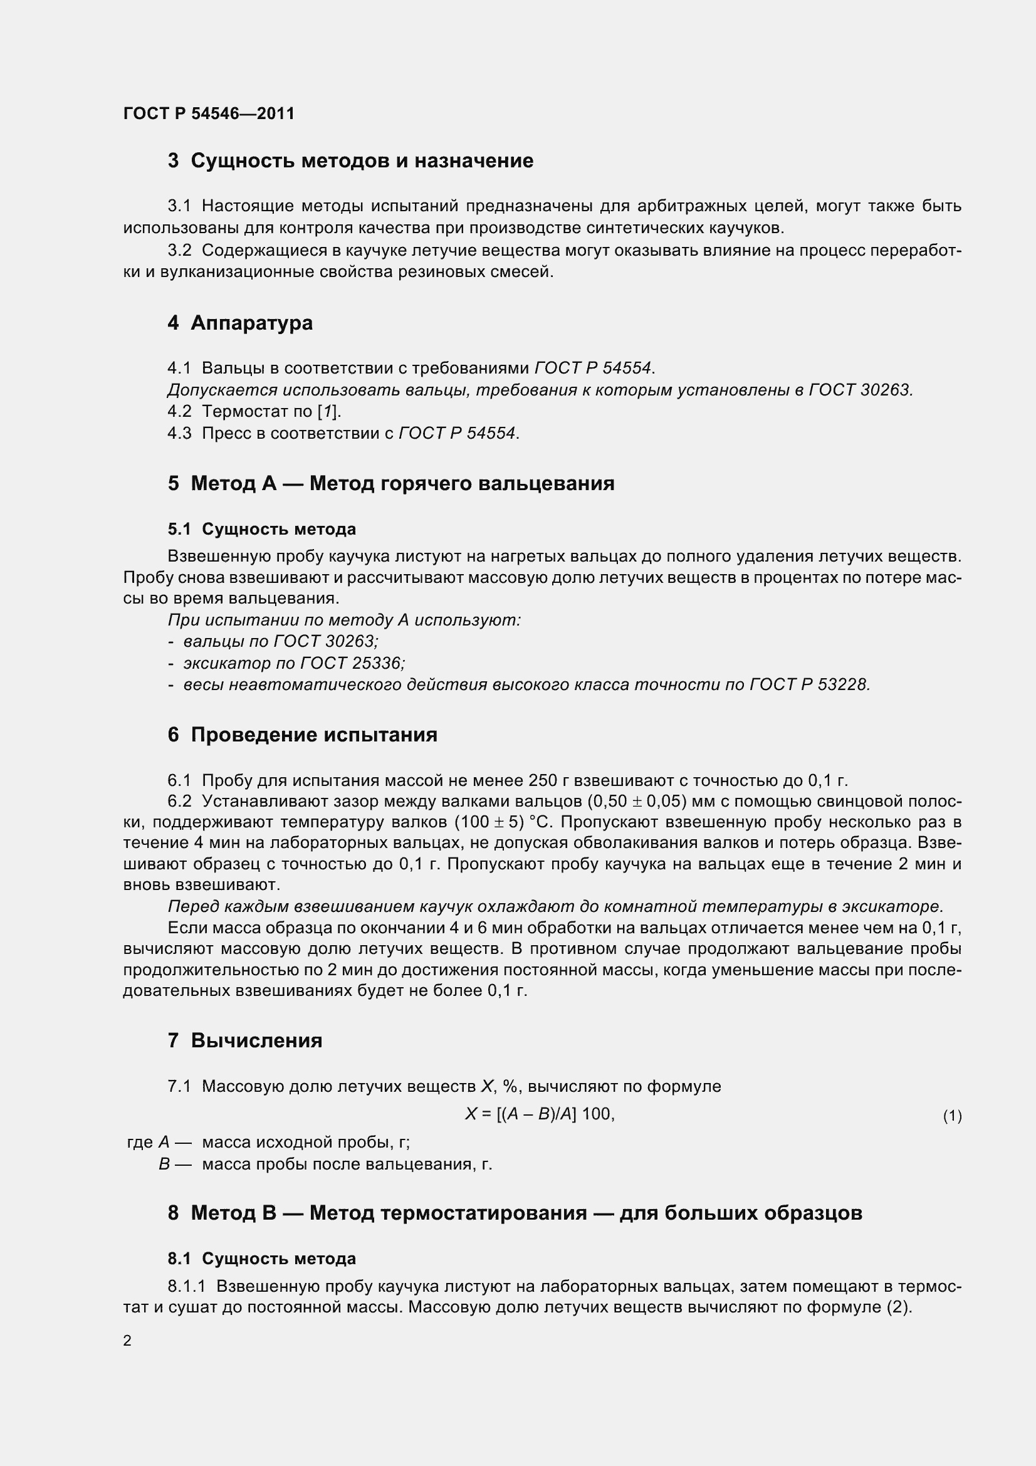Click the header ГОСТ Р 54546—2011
(x=209, y=113)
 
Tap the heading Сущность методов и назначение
(x=362, y=160)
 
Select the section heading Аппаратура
(x=251, y=323)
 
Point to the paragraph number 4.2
(x=179, y=411)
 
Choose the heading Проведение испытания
(x=314, y=735)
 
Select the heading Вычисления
(x=256, y=1041)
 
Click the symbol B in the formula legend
(x=164, y=1164)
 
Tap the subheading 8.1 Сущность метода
(x=262, y=1259)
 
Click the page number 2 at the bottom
(x=127, y=1340)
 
